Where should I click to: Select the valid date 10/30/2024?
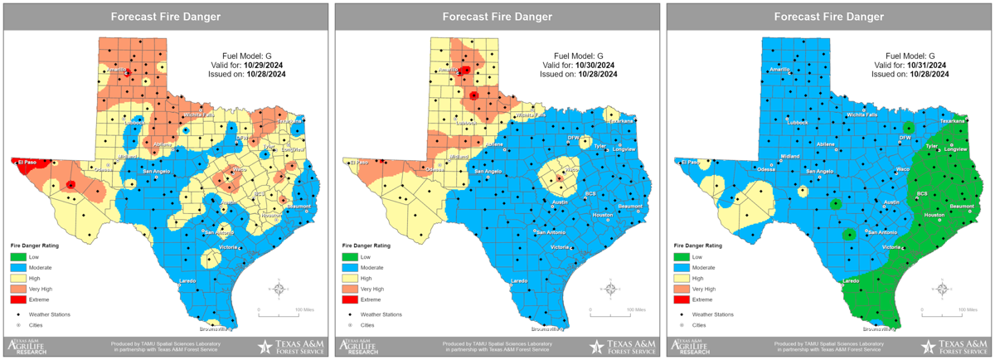597,65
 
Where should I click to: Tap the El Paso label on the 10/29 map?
28,163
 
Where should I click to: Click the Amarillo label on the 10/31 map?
779,70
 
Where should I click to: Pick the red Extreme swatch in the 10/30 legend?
352,299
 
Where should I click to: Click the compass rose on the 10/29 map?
279,289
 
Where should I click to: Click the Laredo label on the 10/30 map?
519,281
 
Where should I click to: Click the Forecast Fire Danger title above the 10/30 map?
497,16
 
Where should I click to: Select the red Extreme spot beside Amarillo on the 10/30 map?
467,71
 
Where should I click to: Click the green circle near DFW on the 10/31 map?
909,128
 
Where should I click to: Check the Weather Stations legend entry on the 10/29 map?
51,314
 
